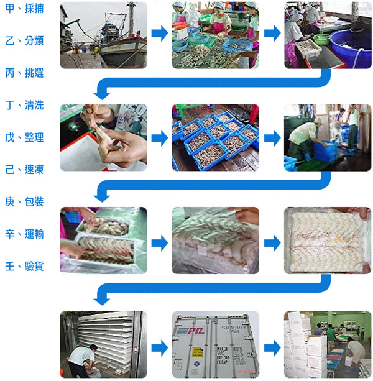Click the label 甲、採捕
pyautogui.click(x=24, y=9)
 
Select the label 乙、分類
pyautogui.click(x=24, y=40)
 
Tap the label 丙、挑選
pyautogui.click(x=24, y=73)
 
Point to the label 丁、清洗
pyautogui.click(x=24, y=105)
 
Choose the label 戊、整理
pyautogui.click(x=24, y=137)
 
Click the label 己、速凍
pyautogui.click(x=24, y=169)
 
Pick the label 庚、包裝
pyautogui.click(x=24, y=201)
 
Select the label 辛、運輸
pyautogui.click(x=24, y=234)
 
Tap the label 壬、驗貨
pyautogui.click(x=24, y=266)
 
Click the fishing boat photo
pyautogui.click(x=104, y=35)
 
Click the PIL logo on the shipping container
pyautogui.click(x=191, y=331)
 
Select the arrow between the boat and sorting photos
pyautogui.click(x=160, y=33)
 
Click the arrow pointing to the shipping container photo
pyautogui.click(x=160, y=348)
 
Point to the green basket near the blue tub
pyautogui.click(x=321, y=39)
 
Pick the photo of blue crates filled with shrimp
pyautogui.click(x=215, y=137)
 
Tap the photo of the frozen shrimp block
pyautogui.click(x=328, y=241)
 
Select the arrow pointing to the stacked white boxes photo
pyautogui.click(x=272, y=348)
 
